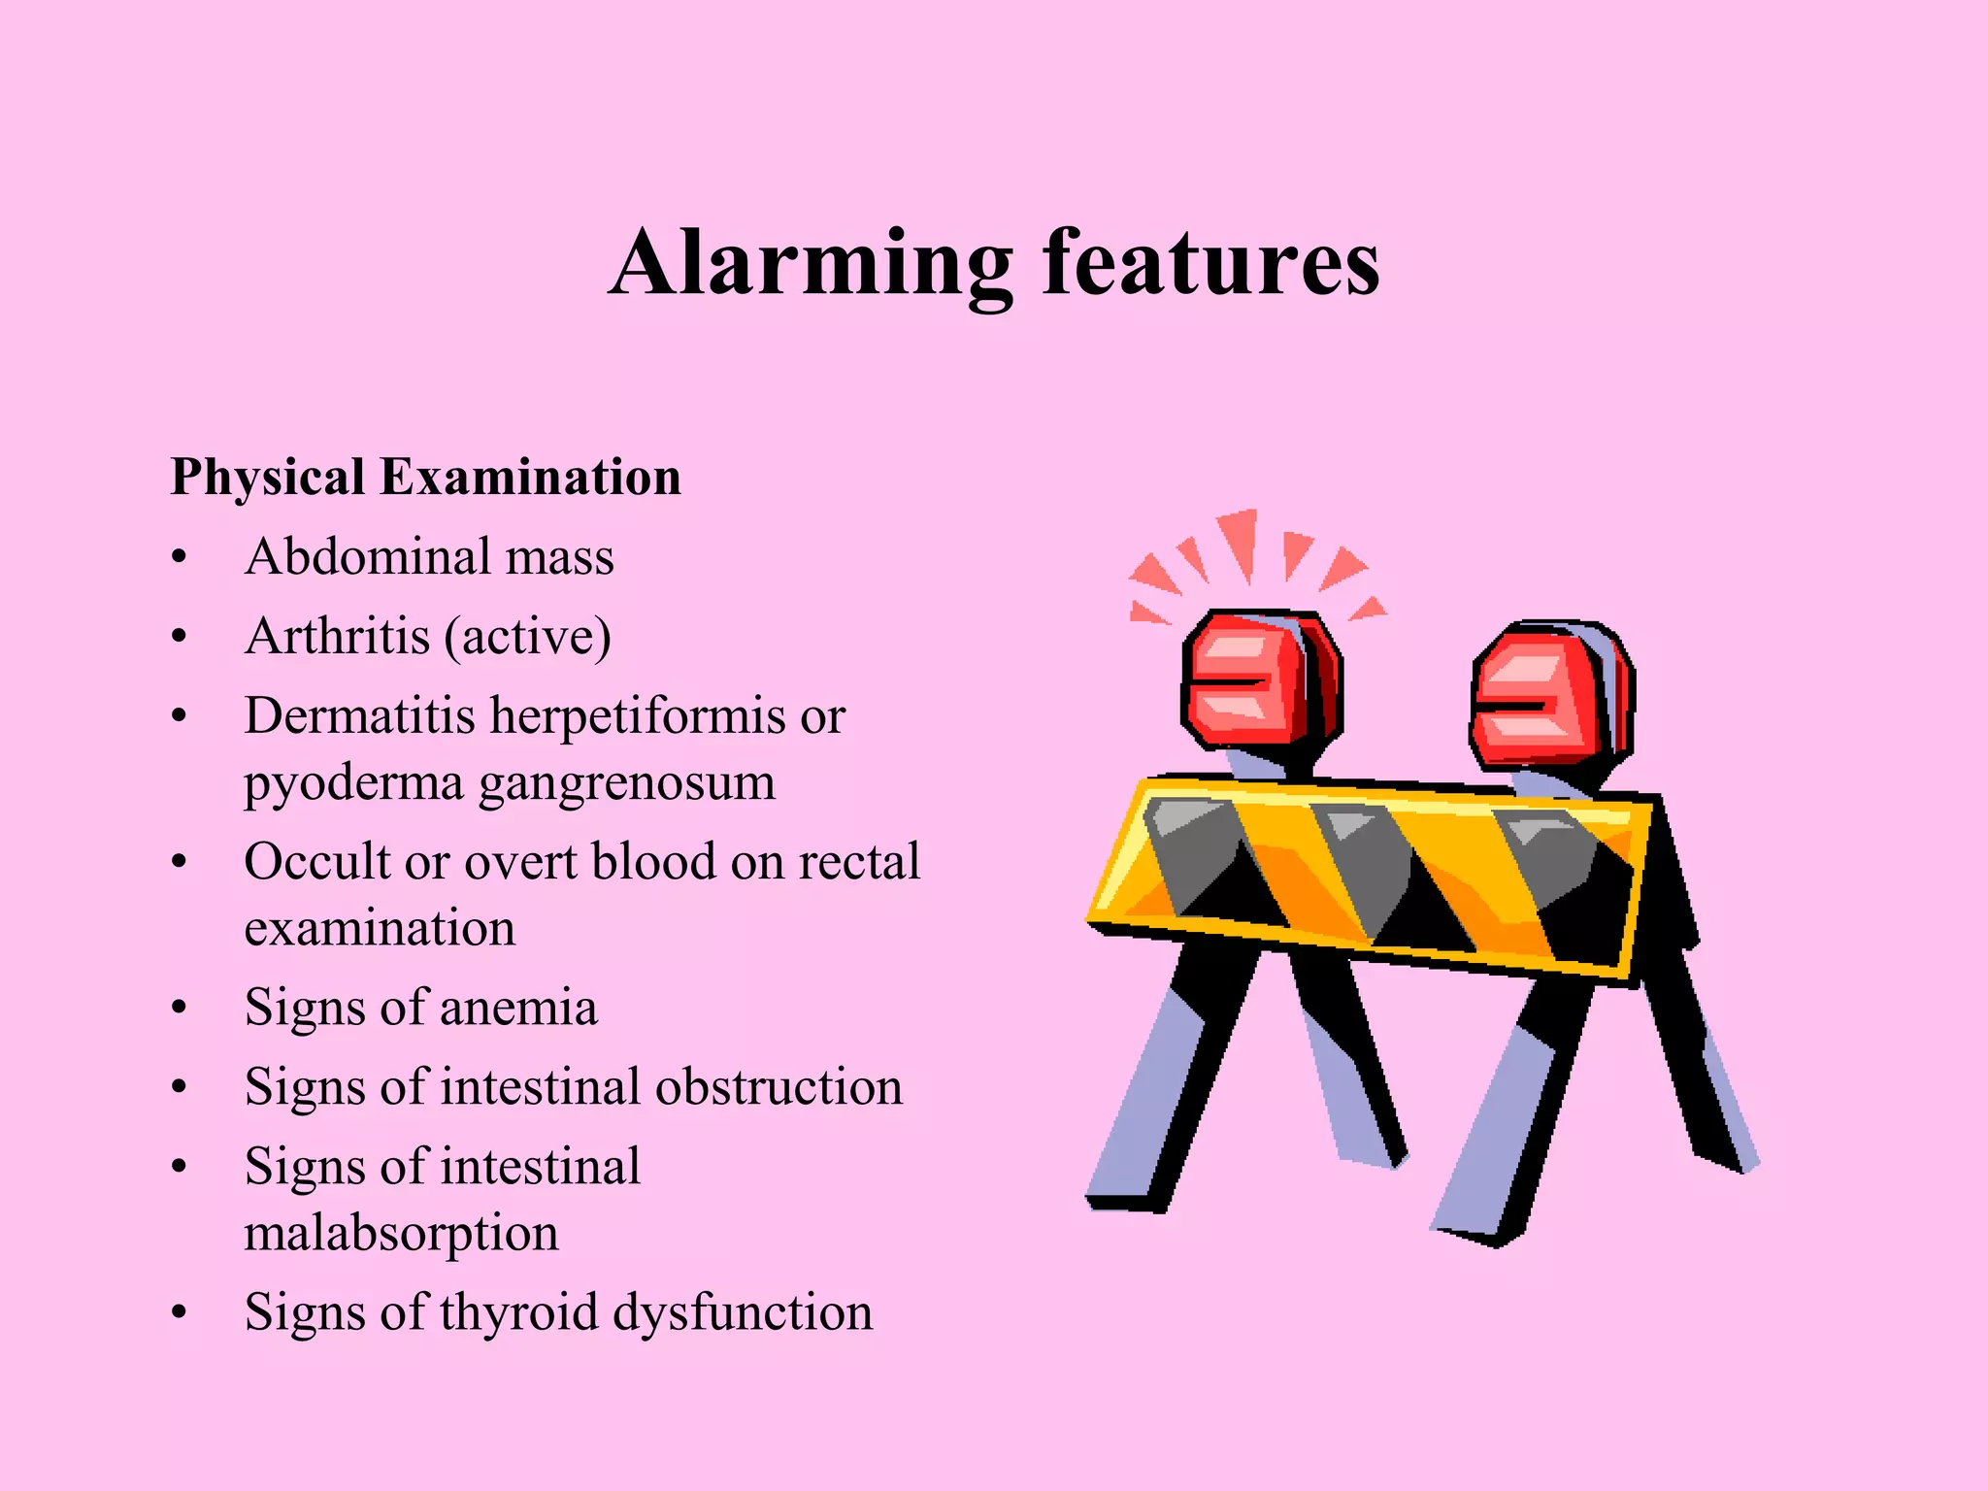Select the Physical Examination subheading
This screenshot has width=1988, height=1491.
coord(425,477)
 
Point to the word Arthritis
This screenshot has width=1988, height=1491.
coord(337,637)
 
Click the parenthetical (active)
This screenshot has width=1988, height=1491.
coord(527,638)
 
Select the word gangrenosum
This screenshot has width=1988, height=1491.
coord(627,782)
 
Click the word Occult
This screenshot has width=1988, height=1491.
coord(315,862)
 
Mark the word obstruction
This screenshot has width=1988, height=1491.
coord(779,1087)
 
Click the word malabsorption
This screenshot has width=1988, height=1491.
coord(401,1233)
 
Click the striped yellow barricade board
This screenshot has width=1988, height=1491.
coord(1369,878)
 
